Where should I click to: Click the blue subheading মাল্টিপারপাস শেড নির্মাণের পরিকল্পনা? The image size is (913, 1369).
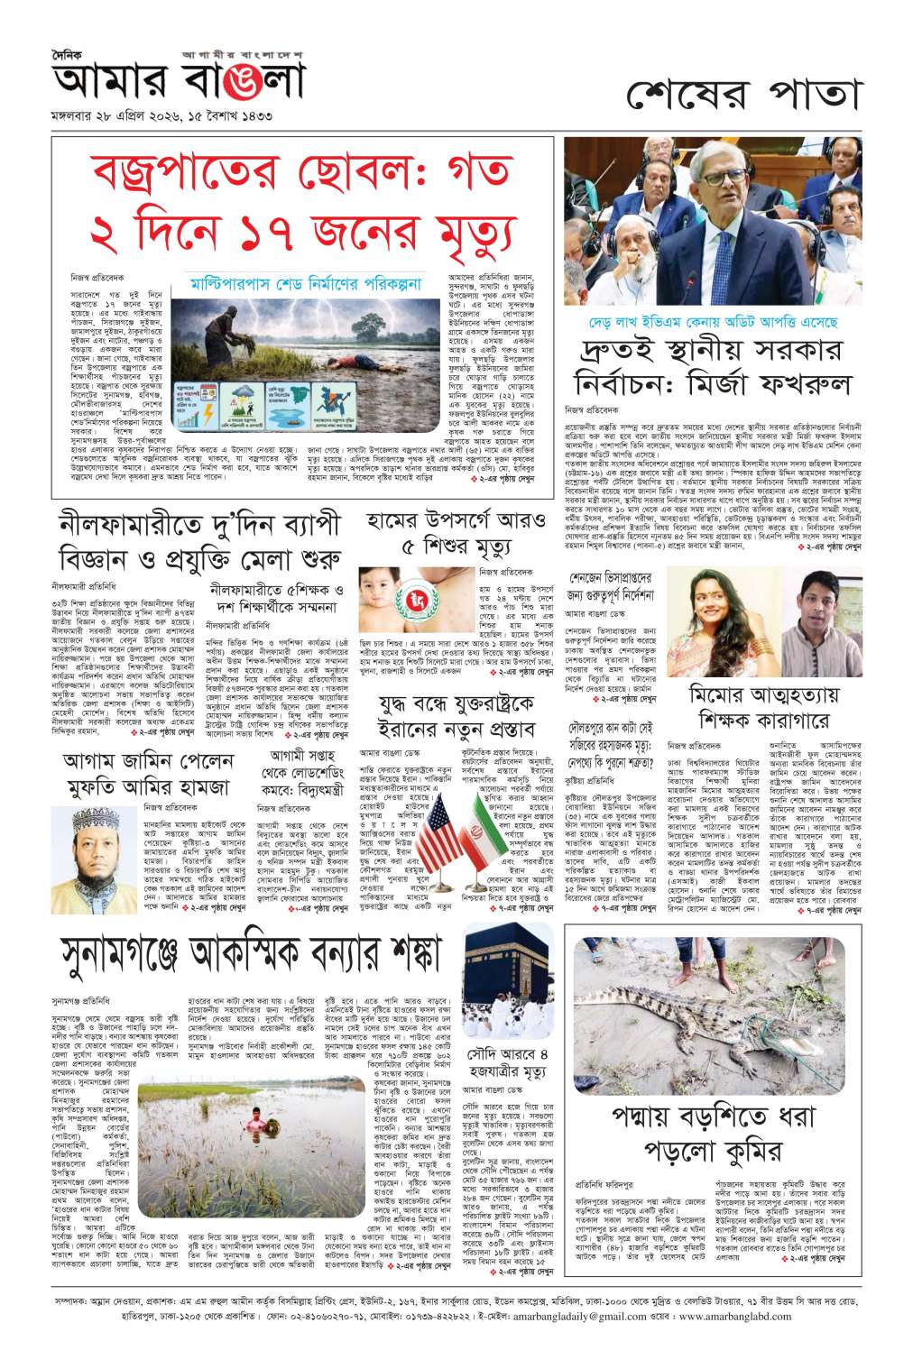(x=307, y=284)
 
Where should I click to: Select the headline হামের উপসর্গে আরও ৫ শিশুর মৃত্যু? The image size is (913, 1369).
(x=456, y=533)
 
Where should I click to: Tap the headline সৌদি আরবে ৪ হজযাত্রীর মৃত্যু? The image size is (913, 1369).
(x=508, y=1062)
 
